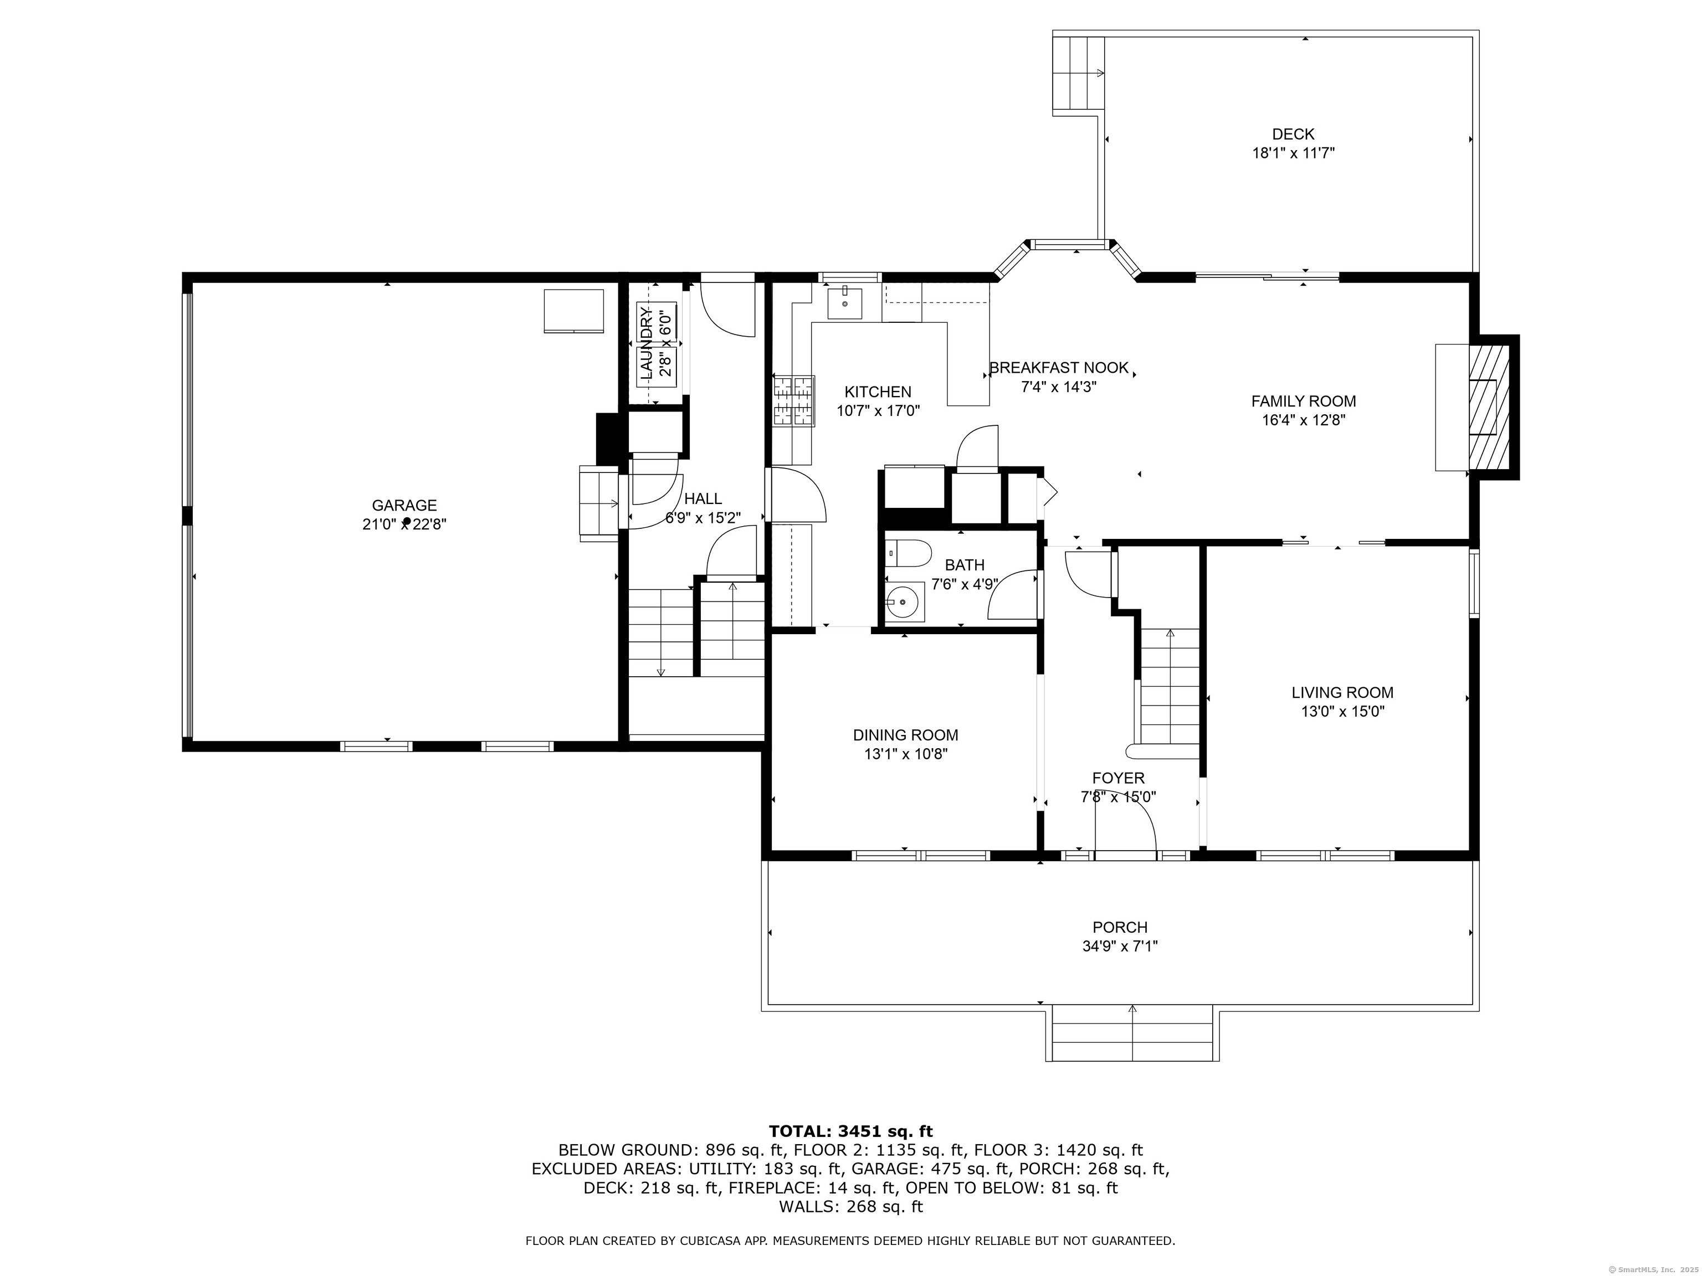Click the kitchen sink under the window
coord(844,302)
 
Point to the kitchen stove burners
coord(793,400)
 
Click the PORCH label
coord(1120,928)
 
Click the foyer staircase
coord(1170,687)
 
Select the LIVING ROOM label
coord(1342,692)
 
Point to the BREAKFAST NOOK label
coord(1059,368)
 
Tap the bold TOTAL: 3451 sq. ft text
coord(850,1131)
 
